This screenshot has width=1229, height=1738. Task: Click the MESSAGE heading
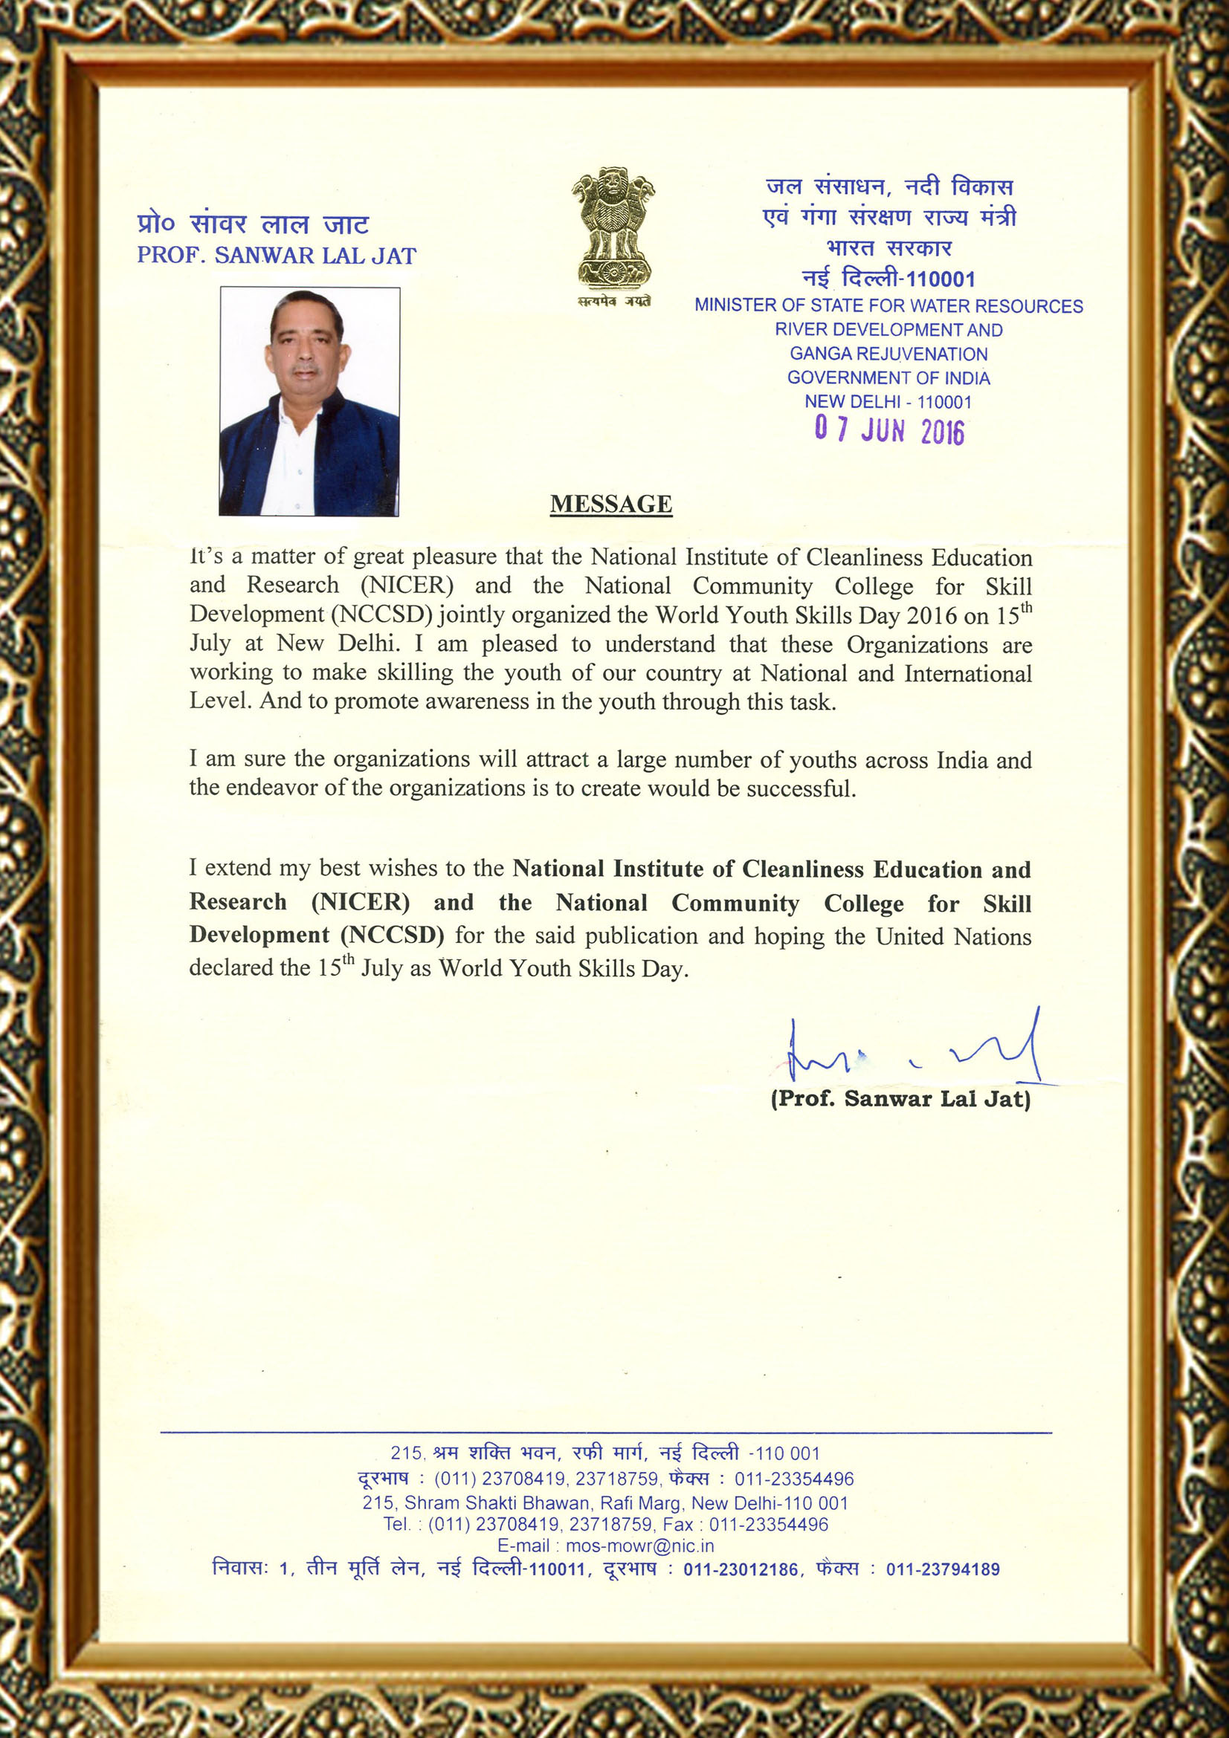611,504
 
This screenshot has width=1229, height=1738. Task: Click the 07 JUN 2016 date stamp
889,430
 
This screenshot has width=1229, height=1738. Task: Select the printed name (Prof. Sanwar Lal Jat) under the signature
900,1098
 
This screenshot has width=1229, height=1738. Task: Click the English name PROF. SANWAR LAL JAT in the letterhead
277,256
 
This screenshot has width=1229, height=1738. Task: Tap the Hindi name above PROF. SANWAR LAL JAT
253,224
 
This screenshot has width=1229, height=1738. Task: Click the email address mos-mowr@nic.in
640,1546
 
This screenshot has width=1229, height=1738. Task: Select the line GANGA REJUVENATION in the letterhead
888,354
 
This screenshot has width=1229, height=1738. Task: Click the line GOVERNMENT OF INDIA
888,377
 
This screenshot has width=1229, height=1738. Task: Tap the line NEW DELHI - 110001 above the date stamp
888,402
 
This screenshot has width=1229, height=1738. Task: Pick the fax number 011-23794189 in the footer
943,1569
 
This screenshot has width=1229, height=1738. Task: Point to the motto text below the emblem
613,302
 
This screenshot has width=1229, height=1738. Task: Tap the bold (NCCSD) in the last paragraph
393,935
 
